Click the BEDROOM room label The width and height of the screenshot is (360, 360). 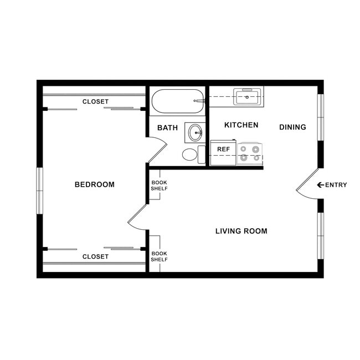tap(94, 184)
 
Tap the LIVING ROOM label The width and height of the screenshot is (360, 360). tap(241, 231)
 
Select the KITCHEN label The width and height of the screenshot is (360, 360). tap(241, 125)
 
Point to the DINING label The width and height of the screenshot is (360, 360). tap(292, 127)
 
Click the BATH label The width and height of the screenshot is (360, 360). tap(167, 128)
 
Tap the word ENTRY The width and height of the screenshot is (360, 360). tap(336, 185)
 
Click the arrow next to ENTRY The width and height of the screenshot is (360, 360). tap(320, 185)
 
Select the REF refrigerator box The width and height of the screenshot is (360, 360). tap(223, 150)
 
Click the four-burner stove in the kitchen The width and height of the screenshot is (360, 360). tap(250, 153)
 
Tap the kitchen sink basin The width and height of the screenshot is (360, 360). tap(247, 97)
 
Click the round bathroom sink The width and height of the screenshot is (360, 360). tap(195, 132)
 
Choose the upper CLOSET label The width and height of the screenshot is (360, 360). tap(95, 101)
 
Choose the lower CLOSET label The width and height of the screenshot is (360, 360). tap(95, 256)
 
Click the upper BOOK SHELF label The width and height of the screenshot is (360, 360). tap(160, 185)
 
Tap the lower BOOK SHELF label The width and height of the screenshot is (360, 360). tap(160, 256)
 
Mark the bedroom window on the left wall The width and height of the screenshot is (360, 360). tap(40, 190)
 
